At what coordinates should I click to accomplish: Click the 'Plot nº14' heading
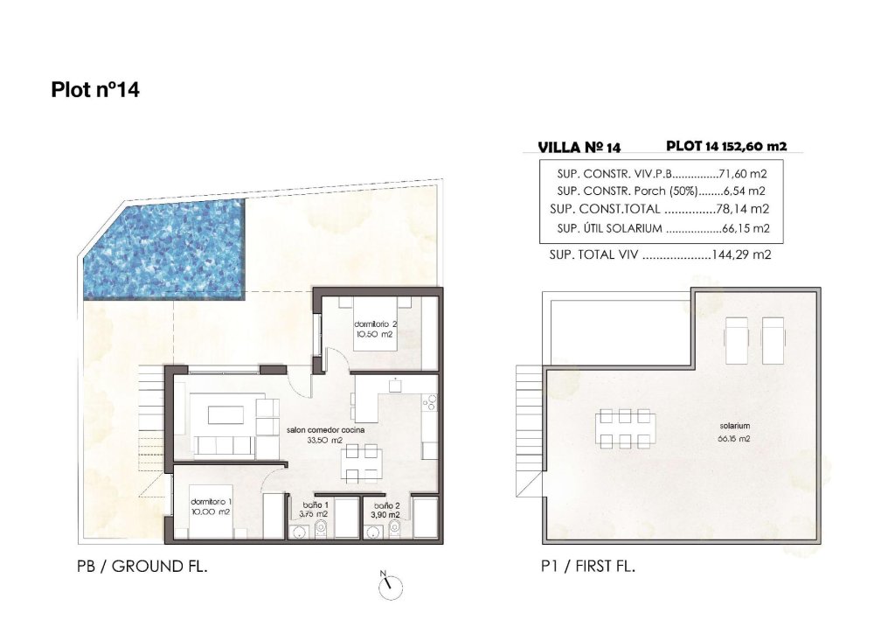(95, 89)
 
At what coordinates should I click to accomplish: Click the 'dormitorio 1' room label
(211, 502)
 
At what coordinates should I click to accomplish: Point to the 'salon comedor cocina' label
(325, 430)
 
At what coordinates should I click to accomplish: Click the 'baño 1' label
(316, 505)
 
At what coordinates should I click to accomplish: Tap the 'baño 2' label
(385, 505)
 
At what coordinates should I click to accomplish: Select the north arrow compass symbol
(389, 587)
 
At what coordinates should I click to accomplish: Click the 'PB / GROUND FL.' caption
(142, 567)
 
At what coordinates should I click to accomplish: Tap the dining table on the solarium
(622, 428)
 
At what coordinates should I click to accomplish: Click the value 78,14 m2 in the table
(744, 209)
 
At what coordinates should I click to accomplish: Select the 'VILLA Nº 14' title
(578, 148)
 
